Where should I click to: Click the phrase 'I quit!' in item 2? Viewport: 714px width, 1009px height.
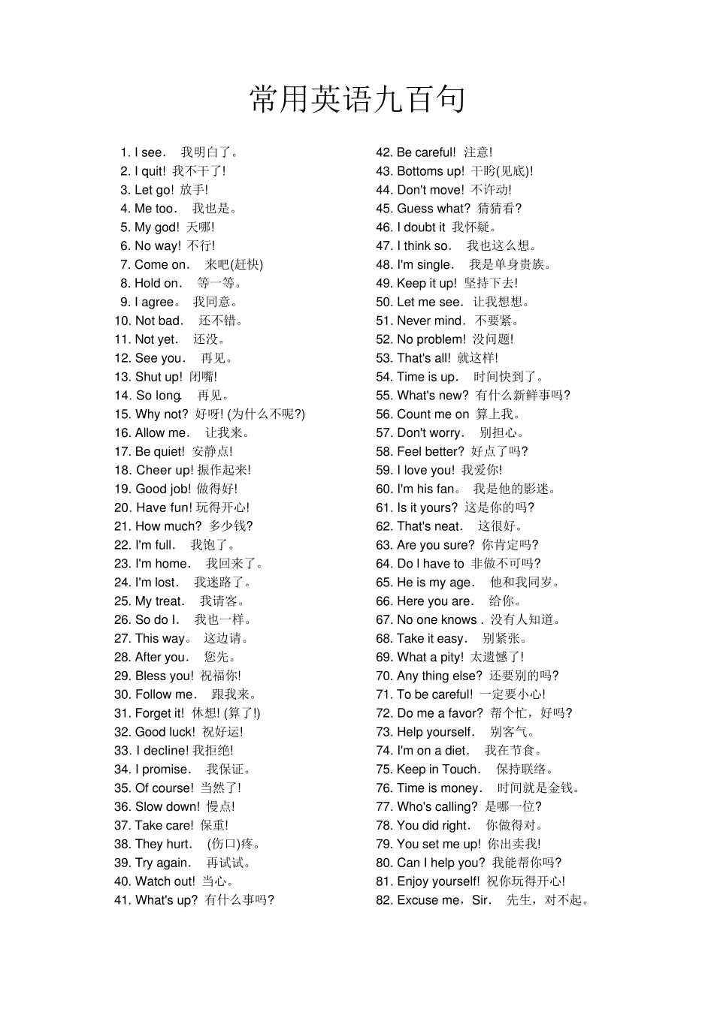coord(150,171)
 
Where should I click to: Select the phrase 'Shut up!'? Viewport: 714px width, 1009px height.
coord(159,377)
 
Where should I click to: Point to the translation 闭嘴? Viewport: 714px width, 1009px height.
coord(203,377)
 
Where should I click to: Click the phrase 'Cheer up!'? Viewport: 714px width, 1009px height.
coord(165,470)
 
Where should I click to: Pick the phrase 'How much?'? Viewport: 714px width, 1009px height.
coord(168,526)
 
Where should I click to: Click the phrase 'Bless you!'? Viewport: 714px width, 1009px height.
coord(164,676)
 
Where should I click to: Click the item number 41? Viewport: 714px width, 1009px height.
coord(122,900)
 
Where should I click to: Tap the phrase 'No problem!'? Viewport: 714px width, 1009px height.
coord(431,339)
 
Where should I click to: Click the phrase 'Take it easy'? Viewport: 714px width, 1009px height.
coord(431,638)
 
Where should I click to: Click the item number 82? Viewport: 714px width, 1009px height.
coord(384,900)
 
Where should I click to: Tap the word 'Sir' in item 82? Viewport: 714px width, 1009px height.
coord(481,900)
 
